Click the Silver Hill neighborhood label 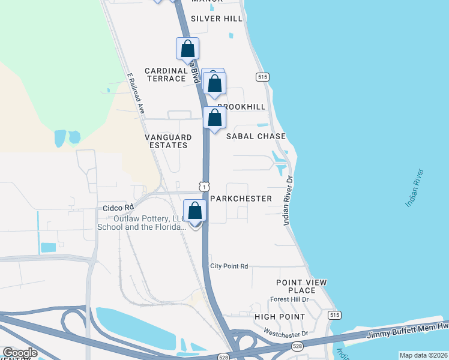pyautogui.click(x=217, y=19)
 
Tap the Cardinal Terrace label pyautogui.click(x=166, y=74)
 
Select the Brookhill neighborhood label pyautogui.click(x=241, y=106)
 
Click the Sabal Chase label pyautogui.click(x=256, y=136)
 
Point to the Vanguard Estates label pyautogui.click(x=168, y=141)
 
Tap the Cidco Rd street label pyautogui.click(x=113, y=208)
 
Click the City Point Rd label pyautogui.click(x=229, y=266)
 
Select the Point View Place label pyautogui.click(x=301, y=286)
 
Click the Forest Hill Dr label pyautogui.click(x=289, y=299)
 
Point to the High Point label pyautogui.click(x=280, y=316)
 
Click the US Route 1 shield pyautogui.click(x=205, y=187)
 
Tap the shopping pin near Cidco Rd pyautogui.click(x=195, y=212)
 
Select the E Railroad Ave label pyautogui.click(x=136, y=94)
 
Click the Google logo pyautogui.click(x=20, y=353)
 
